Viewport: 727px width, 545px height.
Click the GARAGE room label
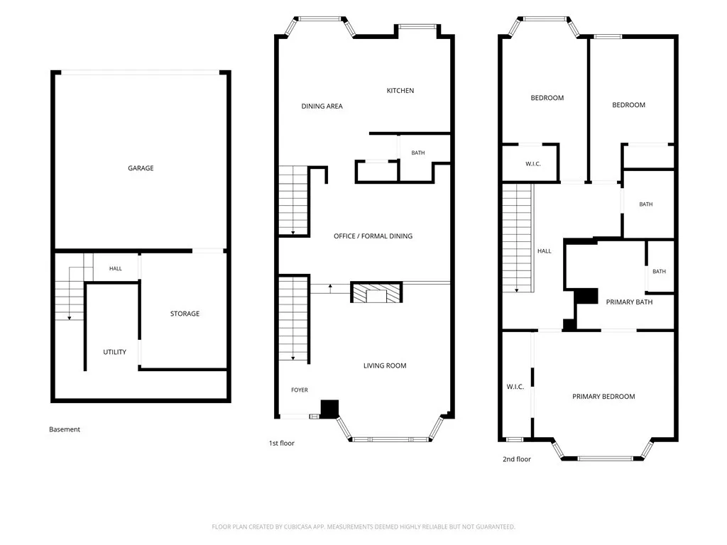141,168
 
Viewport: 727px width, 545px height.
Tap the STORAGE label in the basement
185,314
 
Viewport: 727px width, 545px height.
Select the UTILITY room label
114,352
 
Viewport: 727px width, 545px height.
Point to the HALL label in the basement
116,268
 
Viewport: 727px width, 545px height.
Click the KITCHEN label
400,91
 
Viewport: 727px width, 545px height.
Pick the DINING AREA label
322,106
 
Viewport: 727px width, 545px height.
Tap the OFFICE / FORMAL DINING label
373,236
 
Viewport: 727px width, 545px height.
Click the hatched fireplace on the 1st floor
376,292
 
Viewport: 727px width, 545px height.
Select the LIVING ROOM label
385,365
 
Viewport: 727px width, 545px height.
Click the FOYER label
300,390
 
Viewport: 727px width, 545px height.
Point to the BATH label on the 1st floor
417,153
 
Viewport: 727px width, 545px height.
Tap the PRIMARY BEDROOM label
603,397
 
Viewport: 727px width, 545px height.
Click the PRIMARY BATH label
629,302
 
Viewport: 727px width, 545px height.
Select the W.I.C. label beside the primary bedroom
515,387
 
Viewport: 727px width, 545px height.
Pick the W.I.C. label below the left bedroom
532,164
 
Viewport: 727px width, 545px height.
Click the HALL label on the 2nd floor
545,251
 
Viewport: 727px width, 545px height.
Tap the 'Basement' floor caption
65,429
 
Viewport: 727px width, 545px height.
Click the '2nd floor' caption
517,459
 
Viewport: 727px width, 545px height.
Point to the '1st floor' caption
281,444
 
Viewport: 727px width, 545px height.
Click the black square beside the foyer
329,409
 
